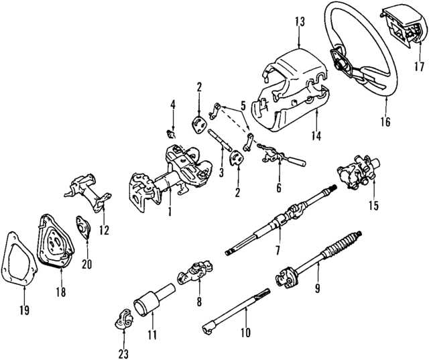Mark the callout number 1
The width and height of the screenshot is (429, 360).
(170, 213)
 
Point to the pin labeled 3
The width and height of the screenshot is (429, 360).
(219, 143)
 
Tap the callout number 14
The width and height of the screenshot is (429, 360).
(316, 136)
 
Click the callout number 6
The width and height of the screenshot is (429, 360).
(279, 188)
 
